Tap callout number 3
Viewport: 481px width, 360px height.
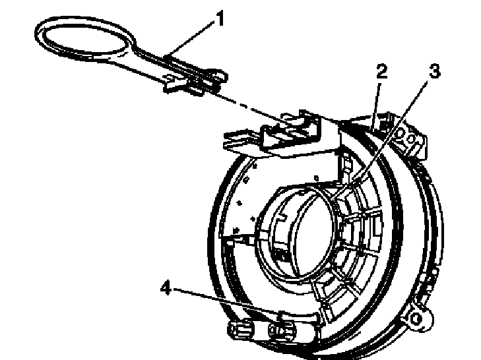pyautogui.click(x=434, y=71)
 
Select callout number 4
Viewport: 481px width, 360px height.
pyautogui.click(x=166, y=288)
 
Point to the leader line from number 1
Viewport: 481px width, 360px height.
pyautogui.click(x=189, y=38)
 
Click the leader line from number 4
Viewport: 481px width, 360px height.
pyautogui.click(x=226, y=301)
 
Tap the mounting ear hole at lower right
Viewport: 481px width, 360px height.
pyautogui.click(x=416, y=318)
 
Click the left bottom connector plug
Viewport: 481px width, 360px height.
pyautogui.click(x=241, y=330)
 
